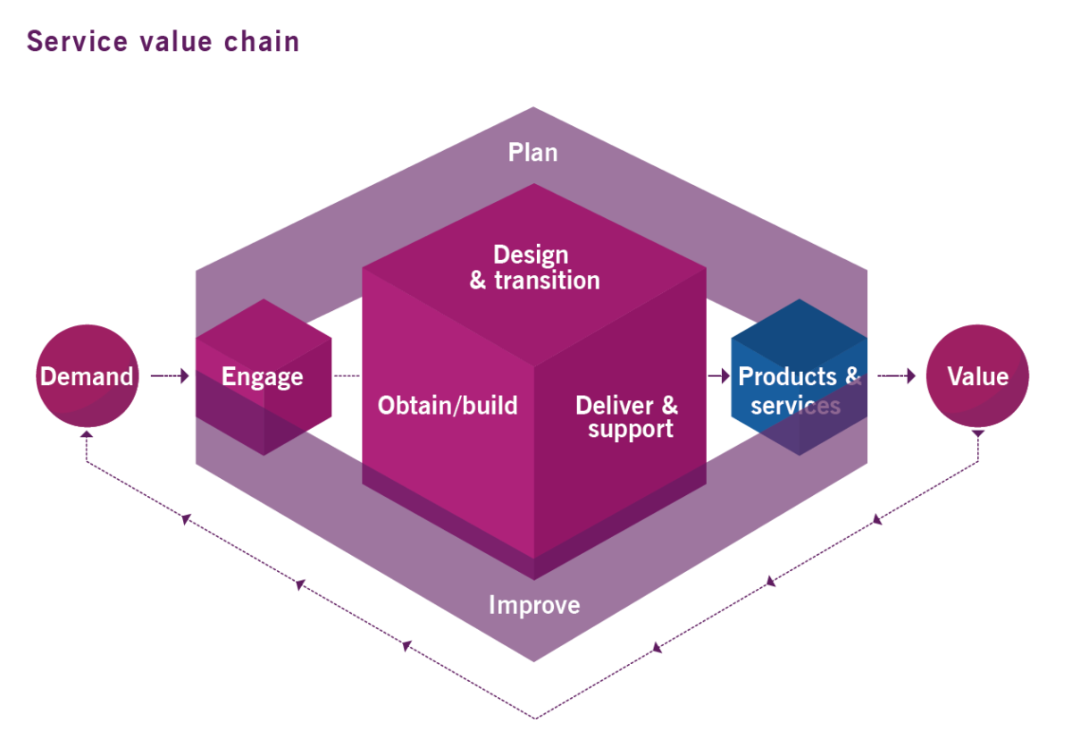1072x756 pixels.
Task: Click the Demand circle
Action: coord(87,376)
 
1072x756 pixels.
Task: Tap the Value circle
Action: coord(977,376)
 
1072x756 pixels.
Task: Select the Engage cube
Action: coord(263,376)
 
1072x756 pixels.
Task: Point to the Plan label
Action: coord(533,152)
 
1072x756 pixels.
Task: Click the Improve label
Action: coord(534,605)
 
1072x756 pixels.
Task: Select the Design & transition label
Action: coord(534,267)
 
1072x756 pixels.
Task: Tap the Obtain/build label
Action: coord(448,406)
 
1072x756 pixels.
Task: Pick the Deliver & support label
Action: coord(626,416)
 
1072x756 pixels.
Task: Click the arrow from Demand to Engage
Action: coord(170,376)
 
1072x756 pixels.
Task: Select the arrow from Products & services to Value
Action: coord(896,376)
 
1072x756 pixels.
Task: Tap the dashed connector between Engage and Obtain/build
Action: coord(347,376)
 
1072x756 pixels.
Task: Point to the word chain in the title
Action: coord(264,41)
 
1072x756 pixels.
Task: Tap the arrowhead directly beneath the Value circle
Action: coord(977,434)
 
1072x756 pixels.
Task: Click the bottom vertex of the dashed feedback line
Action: coord(534,718)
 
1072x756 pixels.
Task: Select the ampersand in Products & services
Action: coord(852,376)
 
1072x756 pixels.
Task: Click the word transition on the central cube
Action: coord(546,280)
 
